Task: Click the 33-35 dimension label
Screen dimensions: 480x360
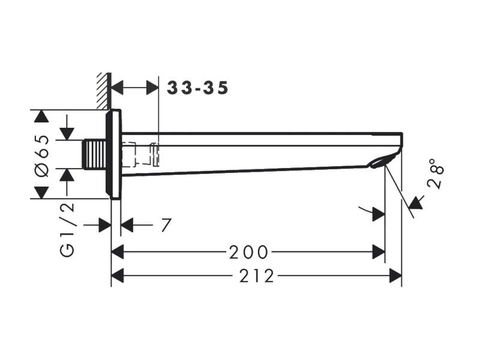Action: (197, 88)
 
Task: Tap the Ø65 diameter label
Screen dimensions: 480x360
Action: (43, 155)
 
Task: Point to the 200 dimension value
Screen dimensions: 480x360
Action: (248, 253)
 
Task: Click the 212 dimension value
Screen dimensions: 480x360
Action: (257, 276)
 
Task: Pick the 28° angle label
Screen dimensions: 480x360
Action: (436, 173)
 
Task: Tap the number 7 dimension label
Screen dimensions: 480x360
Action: (166, 226)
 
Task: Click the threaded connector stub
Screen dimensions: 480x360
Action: (94, 154)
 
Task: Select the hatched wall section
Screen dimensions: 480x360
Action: (103, 91)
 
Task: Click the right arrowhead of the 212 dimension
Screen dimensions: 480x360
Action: (395, 275)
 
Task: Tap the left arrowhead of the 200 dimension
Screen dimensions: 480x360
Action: (118, 252)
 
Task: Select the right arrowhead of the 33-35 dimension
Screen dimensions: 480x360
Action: (152, 88)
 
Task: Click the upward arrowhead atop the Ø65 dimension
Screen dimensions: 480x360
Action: (41, 116)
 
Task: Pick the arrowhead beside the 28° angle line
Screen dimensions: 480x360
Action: (417, 202)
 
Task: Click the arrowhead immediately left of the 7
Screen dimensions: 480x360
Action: (127, 226)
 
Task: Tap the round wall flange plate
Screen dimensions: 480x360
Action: (113, 154)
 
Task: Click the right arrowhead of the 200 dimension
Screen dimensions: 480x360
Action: (379, 252)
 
